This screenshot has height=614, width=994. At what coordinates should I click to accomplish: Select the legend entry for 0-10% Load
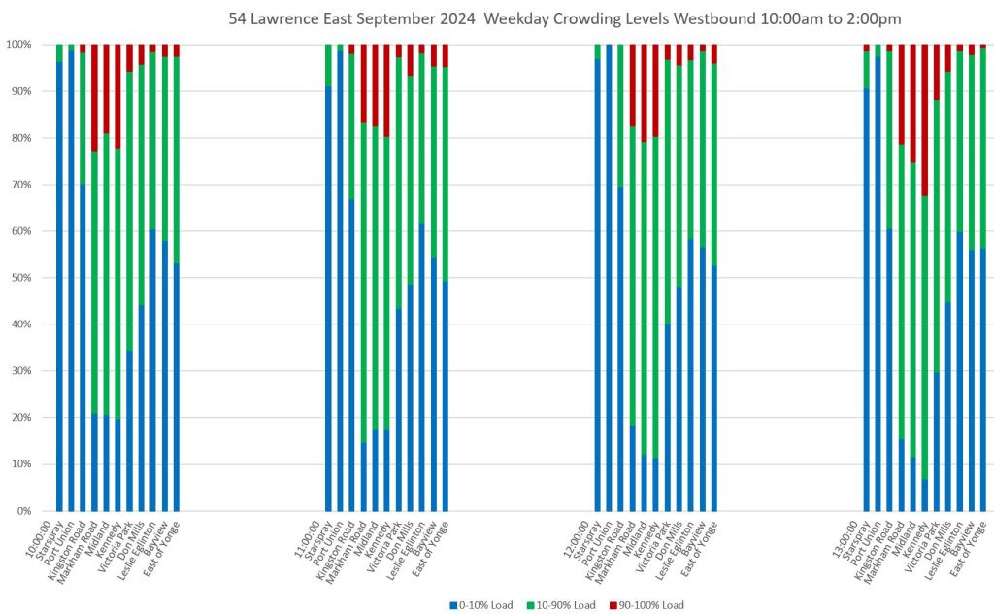pos(481,605)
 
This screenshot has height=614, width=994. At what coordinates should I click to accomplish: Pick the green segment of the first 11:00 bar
pos(328,66)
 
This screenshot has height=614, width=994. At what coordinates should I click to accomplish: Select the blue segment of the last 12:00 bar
pos(714,389)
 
